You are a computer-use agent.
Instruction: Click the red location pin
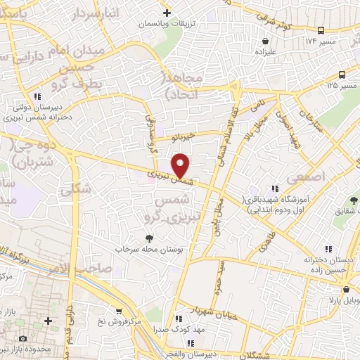pos(181,166)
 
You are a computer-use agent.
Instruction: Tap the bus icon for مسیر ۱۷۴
pos(321,31)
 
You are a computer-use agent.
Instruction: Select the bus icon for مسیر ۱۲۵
pos(342,75)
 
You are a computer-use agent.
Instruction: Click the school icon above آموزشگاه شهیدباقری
pos(274,188)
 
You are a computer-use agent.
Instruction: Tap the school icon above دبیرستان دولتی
pos(36,96)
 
